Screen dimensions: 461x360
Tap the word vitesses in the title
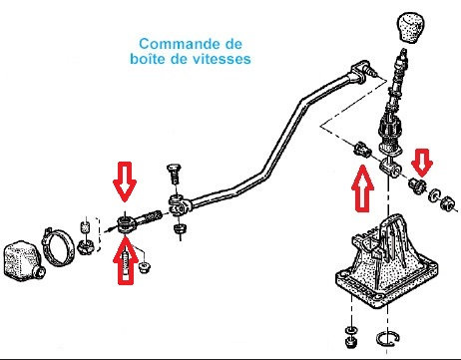click(x=222, y=59)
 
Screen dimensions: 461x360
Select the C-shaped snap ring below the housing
click(x=387, y=339)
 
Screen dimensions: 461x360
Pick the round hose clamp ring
click(x=58, y=246)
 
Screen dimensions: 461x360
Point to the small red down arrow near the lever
click(x=422, y=163)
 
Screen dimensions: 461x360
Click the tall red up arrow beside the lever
click(x=362, y=188)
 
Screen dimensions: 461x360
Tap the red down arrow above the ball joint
click(x=125, y=181)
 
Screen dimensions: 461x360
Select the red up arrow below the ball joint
click(x=126, y=260)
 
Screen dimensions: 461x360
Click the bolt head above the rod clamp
click(x=175, y=174)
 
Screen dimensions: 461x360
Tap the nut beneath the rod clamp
click(x=180, y=230)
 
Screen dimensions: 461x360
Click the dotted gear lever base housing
click(x=386, y=262)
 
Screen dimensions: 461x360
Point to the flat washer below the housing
click(x=350, y=330)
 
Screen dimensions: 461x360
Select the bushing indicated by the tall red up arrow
click(x=361, y=150)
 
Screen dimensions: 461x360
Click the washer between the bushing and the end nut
click(x=433, y=195)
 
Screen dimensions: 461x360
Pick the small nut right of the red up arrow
click(x=145, y=267)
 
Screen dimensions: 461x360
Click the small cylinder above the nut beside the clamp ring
click(x=86, y=228)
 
